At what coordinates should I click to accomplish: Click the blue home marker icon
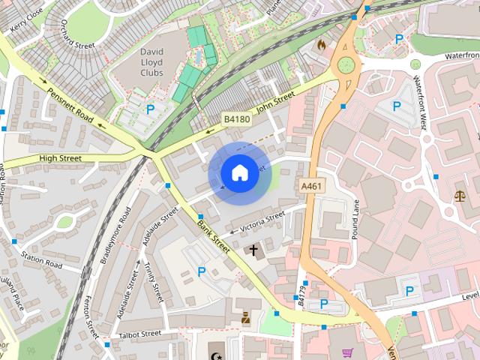point(239,172)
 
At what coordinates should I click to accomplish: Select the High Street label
point(60,158)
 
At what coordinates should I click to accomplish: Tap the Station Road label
point(41,260)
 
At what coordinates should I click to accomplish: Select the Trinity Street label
point(154,277)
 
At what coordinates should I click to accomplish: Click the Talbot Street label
point(139,333)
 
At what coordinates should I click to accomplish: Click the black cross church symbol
point(253,250)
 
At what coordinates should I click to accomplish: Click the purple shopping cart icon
point(347,352)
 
